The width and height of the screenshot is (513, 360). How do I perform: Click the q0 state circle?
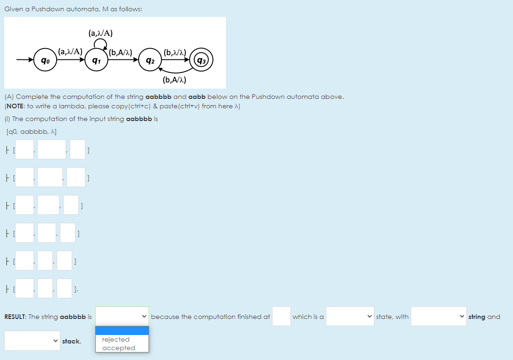tap(45, 60)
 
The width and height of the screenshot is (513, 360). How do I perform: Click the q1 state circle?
tap(96, 60)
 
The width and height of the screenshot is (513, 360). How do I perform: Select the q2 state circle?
tap(150, 60)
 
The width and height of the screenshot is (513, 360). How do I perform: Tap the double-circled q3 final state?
tap(201, 60)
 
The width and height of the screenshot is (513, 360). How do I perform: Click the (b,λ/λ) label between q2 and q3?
tap(175, 52)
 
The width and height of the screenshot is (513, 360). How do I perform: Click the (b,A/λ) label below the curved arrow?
tap(174, 80)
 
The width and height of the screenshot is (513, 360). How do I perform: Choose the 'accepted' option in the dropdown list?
tap(119, 348)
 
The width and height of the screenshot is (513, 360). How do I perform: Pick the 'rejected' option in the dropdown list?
tap(116, 339)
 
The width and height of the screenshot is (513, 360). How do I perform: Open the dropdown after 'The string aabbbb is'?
tap(122, 316)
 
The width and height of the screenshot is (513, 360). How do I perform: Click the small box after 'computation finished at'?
tap(281, 316)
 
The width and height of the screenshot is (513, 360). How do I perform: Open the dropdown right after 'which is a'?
tap(349, 316)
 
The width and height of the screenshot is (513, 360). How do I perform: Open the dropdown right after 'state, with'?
tap(439, 316)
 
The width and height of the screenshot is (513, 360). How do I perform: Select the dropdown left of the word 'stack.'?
tap(32, 341)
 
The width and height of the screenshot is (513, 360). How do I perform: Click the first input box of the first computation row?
tap(24, 149)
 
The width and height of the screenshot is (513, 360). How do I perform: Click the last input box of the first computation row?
tap(77, 149)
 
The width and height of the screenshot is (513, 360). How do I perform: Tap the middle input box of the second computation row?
tap(50, 177)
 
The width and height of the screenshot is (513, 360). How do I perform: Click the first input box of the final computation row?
tap(24, 288)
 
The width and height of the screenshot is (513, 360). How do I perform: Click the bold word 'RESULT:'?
tap(15, 317)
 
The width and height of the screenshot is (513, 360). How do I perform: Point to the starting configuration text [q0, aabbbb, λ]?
tap(32, 132)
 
